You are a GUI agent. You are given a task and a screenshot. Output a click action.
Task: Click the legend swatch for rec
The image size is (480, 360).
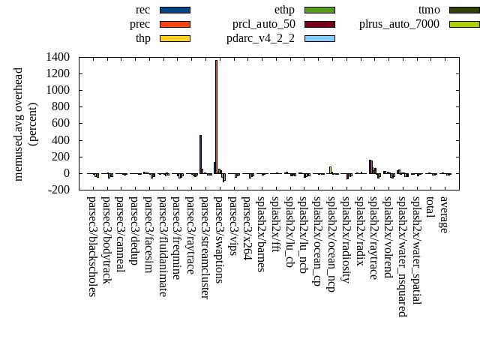[x=175, y=10]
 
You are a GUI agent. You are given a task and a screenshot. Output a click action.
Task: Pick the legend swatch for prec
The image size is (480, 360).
[x=175, y=24]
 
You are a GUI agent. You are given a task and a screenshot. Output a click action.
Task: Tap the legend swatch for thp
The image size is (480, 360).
[x=175, y=38]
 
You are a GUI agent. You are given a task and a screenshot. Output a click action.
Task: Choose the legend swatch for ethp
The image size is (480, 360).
[x=319, y=10]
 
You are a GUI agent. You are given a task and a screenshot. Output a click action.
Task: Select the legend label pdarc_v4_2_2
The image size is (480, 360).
[x=260, y=38]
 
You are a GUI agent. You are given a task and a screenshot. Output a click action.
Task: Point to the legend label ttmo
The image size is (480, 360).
[x=429, y=10]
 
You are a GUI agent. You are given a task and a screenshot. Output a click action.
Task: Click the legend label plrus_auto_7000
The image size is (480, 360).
[x=399, y=24]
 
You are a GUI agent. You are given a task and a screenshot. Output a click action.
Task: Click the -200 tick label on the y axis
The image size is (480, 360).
[x=58, y=190]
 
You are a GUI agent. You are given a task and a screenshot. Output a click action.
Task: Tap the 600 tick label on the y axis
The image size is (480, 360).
[x=60, y=124]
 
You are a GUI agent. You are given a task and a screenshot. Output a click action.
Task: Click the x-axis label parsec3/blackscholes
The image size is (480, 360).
[x=92, y=247]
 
